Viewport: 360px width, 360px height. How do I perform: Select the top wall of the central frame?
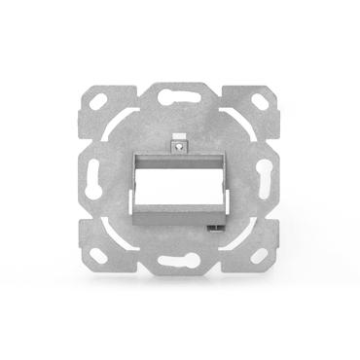click(179, 155)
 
